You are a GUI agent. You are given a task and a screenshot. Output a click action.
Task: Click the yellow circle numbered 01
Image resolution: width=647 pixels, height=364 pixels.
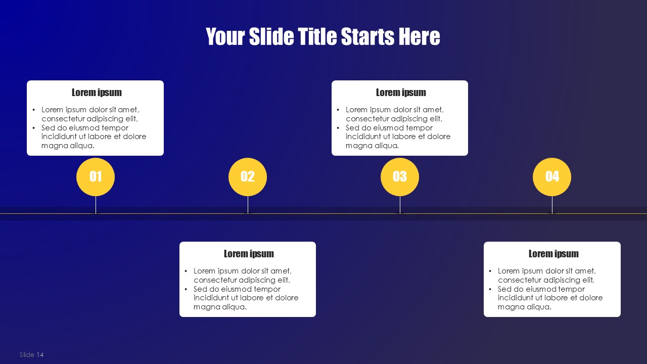pyautogui.click(x=96, y=177)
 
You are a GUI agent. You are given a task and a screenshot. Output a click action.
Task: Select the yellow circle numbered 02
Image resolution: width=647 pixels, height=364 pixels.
pyautogui.click(x=248, y=177)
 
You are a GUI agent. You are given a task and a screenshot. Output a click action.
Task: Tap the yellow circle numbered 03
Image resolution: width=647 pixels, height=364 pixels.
pyautogui.click(x=400, y=177)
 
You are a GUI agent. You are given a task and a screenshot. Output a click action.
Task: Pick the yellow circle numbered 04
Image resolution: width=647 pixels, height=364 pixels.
pyautogui.click(x=552, y=177)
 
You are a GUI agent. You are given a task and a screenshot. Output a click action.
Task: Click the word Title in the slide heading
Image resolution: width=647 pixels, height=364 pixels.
pyautogui.click(x=317, y=36)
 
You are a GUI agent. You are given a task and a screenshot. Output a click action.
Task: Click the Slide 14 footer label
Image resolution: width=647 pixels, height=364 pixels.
pyautogui.click(x=31, y=354)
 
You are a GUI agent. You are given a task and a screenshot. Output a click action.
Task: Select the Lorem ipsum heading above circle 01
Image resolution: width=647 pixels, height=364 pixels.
pyautogui.click(x=97, y=93)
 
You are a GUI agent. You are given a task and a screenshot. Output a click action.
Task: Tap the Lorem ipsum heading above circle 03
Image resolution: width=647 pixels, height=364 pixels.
pyautogui.click(x=401, y=93)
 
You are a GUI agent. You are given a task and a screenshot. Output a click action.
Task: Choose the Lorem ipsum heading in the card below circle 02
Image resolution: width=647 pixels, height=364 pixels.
pyautogui.click(x=249, y=254)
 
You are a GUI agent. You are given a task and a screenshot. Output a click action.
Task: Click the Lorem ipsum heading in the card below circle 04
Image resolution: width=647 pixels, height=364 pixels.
pyautogui.click(x=553, y=254)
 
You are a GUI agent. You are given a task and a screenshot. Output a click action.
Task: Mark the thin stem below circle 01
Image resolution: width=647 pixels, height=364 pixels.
pyautogui.click(x=96, y=205)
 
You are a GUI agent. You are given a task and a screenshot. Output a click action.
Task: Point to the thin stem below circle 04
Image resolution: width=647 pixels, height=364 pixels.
pyautogui.click(x=552, y=205)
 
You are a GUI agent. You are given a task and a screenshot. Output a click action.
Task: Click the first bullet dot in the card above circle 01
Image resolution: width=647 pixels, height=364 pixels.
pyautogui.click(x=34, y=110)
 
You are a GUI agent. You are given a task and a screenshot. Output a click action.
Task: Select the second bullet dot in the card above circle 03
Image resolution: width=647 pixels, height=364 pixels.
pyautogui.click(x=338, y=128)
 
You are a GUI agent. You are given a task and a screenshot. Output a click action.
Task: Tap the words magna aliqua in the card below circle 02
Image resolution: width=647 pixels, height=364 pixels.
pyautogui.click(x=220, y=307)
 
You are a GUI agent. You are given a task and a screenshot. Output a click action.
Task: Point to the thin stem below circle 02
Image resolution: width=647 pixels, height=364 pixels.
pyautogui.click(x=248, y=205)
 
